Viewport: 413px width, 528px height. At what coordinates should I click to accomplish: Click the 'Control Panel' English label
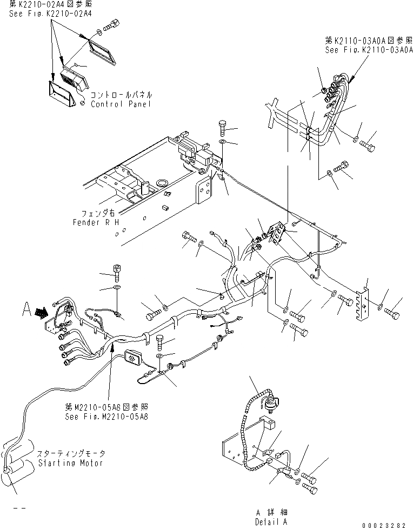click(x=121, y=104)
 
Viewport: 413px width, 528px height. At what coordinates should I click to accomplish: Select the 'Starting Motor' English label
click(x=71, y=464)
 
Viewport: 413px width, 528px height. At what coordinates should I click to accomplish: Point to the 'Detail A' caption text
click(x=271, y=522)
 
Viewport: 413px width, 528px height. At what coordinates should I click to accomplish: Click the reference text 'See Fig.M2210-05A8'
click(x=106, y=417)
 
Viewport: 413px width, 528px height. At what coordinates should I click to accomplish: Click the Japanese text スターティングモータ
click(x=71, y=453)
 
